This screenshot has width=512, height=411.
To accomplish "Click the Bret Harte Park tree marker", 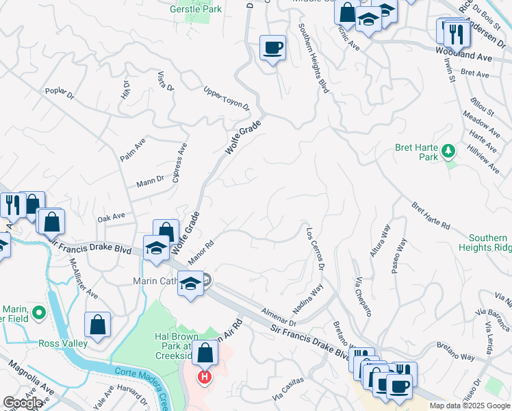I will pyautogui.click(x=449, y=151).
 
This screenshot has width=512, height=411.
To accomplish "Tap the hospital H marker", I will pyautogui.click(x=204, y=377).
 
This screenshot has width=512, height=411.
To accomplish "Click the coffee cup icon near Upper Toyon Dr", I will pyautogui.click(x=272, y=48).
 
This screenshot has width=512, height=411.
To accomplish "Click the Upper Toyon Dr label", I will pyautogui.click(x=227, y=101).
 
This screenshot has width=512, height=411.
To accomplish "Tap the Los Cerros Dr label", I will pyautogui.click(x=316, y=248).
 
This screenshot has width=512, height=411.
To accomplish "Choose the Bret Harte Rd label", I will pyautogui.click(x=431, y=215).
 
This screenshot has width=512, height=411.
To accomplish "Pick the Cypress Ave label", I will pyautogui.click(x=180, y=163).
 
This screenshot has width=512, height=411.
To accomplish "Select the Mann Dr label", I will pyautogui.click(x=151, y=182).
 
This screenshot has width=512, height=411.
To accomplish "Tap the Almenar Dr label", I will pyautogui.click(x=277, y=316).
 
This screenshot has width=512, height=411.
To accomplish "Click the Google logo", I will pyautogui.click(x=23, y=403).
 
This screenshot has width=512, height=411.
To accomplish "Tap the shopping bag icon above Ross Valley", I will pyautogui.click(x=98, y=325).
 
